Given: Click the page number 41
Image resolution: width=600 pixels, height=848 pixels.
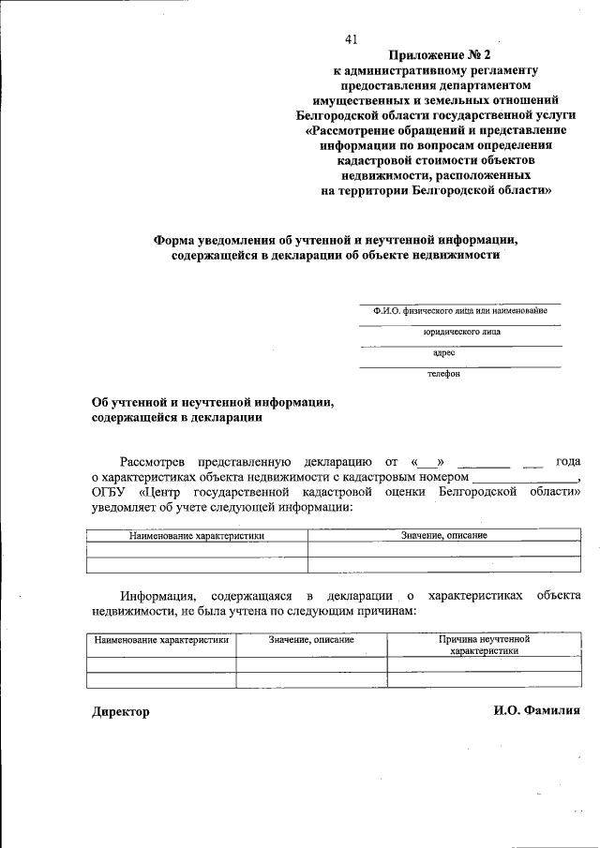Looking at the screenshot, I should click(352, 38).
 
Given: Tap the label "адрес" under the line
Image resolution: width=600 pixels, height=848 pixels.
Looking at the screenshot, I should click(443, 353).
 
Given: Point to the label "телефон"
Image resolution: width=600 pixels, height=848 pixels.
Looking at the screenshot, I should click(443, 374).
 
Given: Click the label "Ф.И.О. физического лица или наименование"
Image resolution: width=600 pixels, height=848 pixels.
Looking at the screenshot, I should click(459, 311).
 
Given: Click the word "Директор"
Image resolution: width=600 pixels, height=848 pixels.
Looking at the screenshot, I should click(120, 711).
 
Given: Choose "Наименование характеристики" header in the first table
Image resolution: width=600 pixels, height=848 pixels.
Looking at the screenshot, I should click(197, 536).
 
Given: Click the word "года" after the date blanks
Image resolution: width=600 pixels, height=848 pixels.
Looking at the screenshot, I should click(568, 462).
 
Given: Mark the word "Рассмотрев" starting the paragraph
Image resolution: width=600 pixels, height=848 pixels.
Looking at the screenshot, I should click(153, 462).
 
